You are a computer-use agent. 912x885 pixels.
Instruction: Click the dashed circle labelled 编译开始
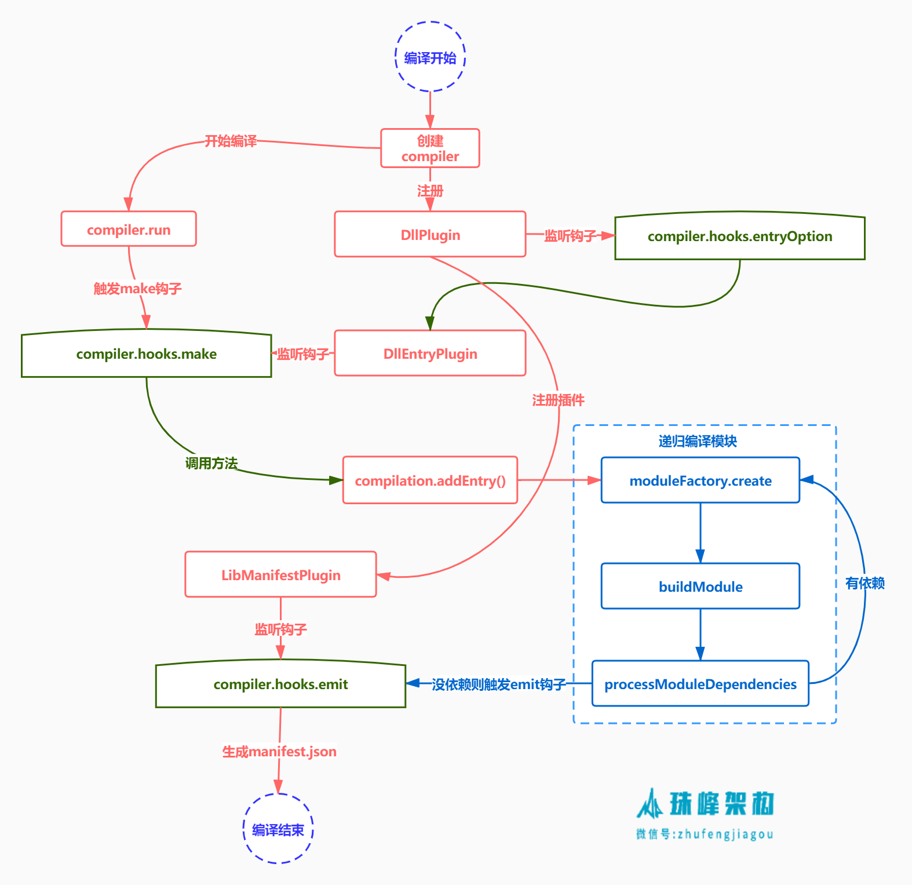coord(430,57)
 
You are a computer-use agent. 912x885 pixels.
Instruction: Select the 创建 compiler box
coord(430,148)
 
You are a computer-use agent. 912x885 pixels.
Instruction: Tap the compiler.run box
coord(129,229)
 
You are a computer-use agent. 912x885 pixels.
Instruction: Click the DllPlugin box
coord(430,234)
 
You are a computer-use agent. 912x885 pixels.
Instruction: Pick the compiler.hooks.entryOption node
coord(739,236)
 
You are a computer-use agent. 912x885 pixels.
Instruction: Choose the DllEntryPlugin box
coord(430,353)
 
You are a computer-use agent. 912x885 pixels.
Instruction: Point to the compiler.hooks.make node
coord(146,354)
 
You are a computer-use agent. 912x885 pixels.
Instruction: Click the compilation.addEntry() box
coord(430,480)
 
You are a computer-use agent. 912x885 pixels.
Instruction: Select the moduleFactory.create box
coord(701,480)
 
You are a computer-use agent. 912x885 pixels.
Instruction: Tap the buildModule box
coord(701,586)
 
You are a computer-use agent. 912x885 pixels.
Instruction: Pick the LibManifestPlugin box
coord(280,574)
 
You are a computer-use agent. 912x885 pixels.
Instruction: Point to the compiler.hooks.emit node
coord(280,684)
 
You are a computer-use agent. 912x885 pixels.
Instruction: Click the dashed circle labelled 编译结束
coord(278,829)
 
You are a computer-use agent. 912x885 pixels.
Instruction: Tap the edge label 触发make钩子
coord(138,288)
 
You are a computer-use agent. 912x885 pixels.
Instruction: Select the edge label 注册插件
coord(558,400)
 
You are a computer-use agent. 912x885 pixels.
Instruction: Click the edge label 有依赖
coord(864,583)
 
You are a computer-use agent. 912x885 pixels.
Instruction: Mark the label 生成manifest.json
coord(279,751)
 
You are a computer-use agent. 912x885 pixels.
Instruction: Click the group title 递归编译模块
coord(698,441)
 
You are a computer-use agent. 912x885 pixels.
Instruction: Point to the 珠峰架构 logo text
coord(721,804)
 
